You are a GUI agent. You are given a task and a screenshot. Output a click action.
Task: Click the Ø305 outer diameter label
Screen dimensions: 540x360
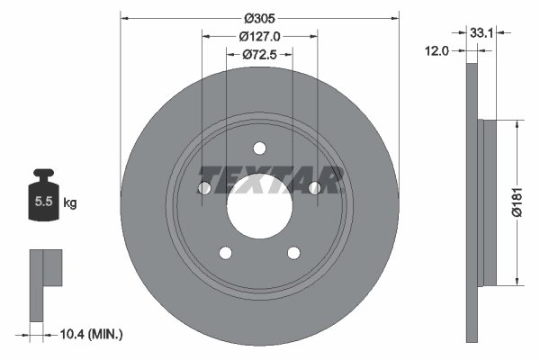click(260, 18)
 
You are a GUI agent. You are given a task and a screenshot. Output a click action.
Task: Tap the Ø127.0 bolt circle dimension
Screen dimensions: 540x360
click(260, 36)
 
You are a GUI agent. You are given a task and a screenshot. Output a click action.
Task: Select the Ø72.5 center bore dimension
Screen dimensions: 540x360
click(260, 54)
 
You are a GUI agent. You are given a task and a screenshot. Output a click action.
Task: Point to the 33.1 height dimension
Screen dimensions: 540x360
click(481, 33)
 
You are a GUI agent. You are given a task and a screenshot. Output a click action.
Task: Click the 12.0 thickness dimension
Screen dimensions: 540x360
click(436, 51)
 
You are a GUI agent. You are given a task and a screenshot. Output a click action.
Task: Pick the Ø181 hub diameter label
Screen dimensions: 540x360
click(517, 202)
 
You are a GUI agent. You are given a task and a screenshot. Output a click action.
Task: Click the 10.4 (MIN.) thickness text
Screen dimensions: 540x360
click(91, 334)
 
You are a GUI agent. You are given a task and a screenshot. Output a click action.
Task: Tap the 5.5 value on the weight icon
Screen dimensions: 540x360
click(44, 202)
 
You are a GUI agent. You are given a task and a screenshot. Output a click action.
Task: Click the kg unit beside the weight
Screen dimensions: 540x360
click(70, 202)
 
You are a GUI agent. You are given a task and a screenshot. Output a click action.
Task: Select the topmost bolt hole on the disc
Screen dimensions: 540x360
click(259, 148)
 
